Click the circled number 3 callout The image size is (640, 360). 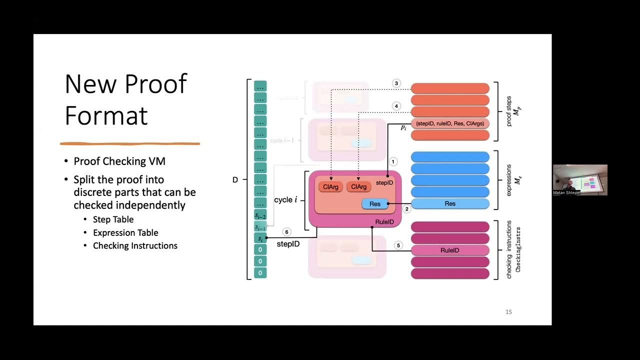tap(396, 83)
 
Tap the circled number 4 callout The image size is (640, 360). tap(396, 106)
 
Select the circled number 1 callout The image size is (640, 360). tap(393, 161)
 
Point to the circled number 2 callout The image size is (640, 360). tap(407, 209)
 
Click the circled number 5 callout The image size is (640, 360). tap(398, 245)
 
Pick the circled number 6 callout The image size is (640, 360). tap(286, 232)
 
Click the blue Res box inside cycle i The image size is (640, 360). tap(375, 204)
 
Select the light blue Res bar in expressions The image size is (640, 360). tap(450, 203)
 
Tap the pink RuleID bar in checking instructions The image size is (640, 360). tap(450, 250)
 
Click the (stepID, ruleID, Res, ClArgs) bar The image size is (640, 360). tap(450, 123)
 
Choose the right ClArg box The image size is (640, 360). tap(358, 186)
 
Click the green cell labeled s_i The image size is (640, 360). tap(260, 238)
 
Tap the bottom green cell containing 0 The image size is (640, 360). tap(260, 273)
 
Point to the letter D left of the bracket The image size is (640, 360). tap(235, 179)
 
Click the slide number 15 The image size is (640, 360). tap(508, 312)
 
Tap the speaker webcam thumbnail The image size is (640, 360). tap(580, 179)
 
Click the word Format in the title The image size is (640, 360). tap(106, 115)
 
